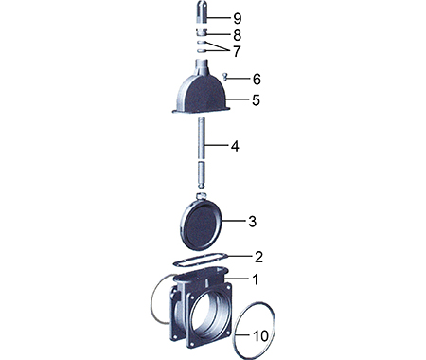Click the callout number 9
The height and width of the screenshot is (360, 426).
[x=238, y=18]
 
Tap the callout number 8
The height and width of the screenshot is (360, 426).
[x=238, y=35]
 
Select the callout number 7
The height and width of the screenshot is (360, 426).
[x=237, y=51]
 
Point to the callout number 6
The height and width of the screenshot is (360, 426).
[x=257, y=79]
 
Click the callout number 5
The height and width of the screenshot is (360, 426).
[x=256, y=100]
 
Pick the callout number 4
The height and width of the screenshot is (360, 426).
[x=235, y=146]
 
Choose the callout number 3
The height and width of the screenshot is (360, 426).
[x=252, y=222]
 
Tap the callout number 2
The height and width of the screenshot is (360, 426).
[x=258, y=257]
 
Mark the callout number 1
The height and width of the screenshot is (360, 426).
[x=256, y=279]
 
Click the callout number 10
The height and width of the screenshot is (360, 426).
[x=261, y=336]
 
